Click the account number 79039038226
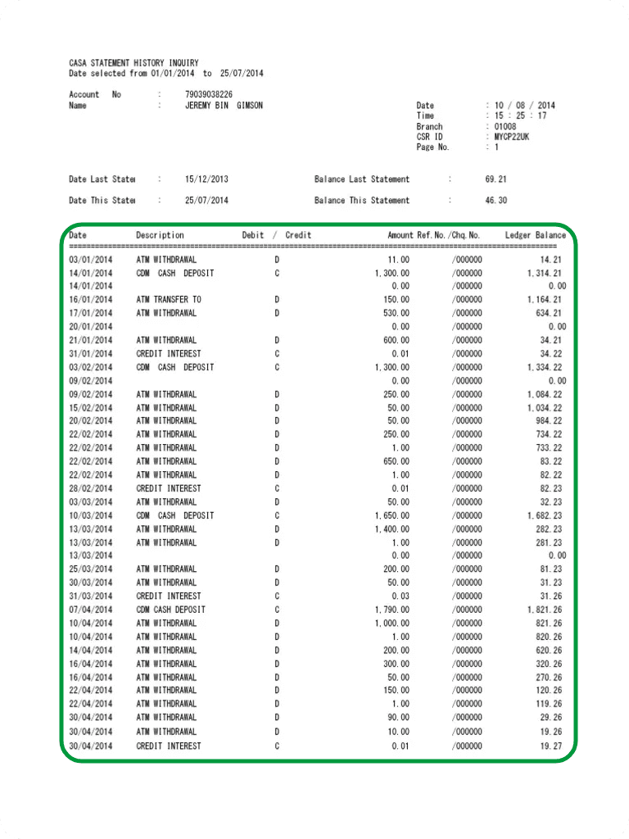(x=209, y=94)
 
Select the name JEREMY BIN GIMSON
(x=224, y=106)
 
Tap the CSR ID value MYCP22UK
(x=512, y=137)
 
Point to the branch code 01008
(x=505, y=126)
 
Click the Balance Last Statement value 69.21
(x=496, y=179)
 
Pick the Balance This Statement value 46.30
(x=496, y=200)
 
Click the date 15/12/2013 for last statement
(x=207, y=179)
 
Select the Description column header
(x=160, y=235)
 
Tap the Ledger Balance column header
(x=535, y=235)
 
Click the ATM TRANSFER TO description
(x=169, y=299)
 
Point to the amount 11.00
(x=397, y=259)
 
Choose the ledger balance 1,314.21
(x=545, y=273)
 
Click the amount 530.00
(x=395, y=312)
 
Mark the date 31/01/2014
(x=91, y=353)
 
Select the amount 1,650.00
(x=391, y=515)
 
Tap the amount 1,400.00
(x=391, y=528)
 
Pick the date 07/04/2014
(x=91, y=610)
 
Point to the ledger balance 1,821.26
(x=545, y=610)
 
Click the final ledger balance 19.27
(x=550, y=746)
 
